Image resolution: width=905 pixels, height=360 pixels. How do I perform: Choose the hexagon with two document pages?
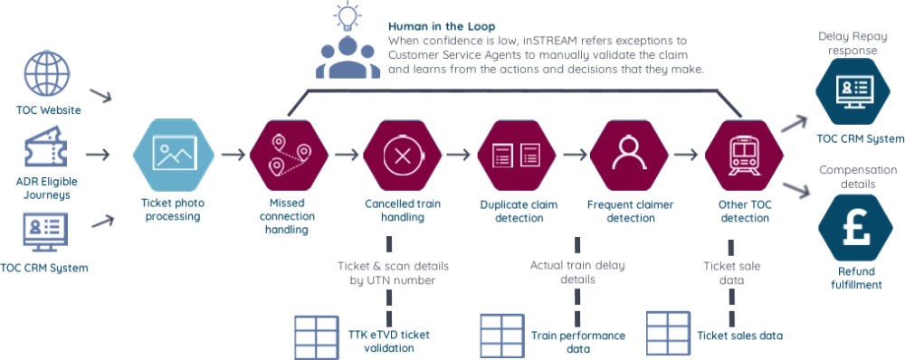point(515,154)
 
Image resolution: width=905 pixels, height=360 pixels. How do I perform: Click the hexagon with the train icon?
point(744,154)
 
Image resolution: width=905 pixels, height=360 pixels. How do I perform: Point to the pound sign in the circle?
point(856,226)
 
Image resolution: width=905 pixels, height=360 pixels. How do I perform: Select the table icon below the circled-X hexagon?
point(315,332)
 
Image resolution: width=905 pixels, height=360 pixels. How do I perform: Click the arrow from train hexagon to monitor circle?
point(798,118)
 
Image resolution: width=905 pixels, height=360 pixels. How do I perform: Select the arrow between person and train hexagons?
point(686,155)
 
